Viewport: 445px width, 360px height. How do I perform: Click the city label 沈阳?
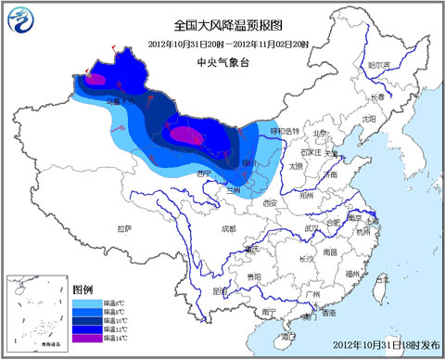[369, 119]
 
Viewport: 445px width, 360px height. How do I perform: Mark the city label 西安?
[269, 202]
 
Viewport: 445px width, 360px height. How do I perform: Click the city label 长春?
[376, 96]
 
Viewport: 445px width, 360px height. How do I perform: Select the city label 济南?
[328, 174]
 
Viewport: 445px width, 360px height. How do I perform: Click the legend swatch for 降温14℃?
[83, 339]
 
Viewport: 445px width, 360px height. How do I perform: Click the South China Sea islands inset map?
[36, 312]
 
